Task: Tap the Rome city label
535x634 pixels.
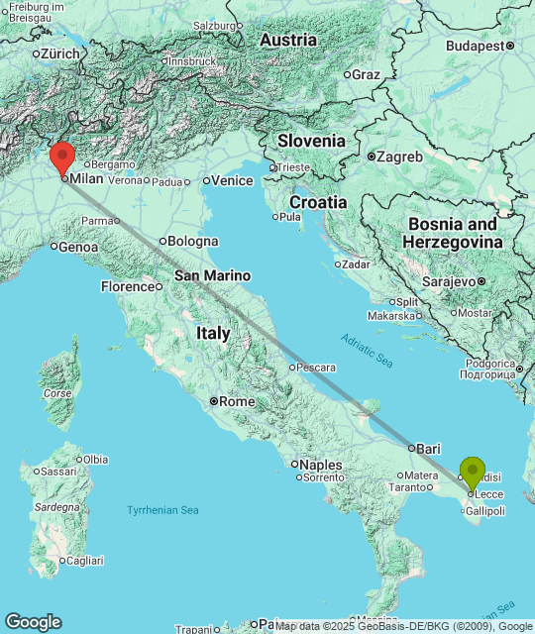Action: click(236, 401)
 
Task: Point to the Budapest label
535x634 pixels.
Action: click(475, 46)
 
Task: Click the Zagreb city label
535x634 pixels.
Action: click(399, 157)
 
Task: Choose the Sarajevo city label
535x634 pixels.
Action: click(451, 281)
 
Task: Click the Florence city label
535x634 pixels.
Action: click(128, 287)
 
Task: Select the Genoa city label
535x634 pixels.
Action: click(78, 247)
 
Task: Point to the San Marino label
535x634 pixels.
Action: click(212, 275)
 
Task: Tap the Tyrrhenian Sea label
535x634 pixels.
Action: click(162, 510)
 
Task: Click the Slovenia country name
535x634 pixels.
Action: click(311, 141)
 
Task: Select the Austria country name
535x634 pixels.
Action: click(288, 41)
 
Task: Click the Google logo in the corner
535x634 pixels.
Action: click(33, 621)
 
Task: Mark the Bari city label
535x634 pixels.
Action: click(428, 448)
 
